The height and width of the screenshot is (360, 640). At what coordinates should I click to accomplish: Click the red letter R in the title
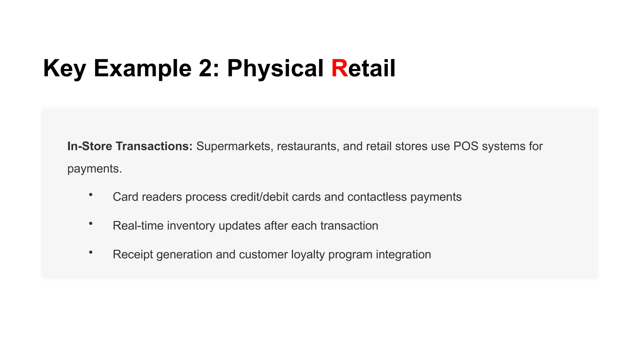[x=339, y=68]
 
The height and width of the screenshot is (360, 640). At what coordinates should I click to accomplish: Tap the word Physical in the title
[x=275, y=68]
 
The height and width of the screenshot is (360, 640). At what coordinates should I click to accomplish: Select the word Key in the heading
[x=64, y=68]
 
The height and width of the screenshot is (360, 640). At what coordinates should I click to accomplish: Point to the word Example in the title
[x=142, y=68]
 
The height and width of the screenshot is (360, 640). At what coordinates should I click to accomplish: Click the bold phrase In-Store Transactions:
[x=130, y=146]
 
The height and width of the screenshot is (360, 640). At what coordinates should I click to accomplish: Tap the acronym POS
[x=466, y=146]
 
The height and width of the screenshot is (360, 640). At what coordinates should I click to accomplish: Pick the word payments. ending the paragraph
[x=95, y=169]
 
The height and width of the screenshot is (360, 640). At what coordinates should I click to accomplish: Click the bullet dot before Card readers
[x=91, y=195]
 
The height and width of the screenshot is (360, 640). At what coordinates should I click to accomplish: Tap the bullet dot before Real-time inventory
[x=91, y=223]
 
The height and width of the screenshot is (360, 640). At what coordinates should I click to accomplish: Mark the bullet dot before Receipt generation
[x=91, y=252]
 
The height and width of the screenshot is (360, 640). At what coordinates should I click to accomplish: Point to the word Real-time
[x=138, y=226]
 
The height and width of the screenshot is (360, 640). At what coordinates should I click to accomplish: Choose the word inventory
[x=191, y=226]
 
